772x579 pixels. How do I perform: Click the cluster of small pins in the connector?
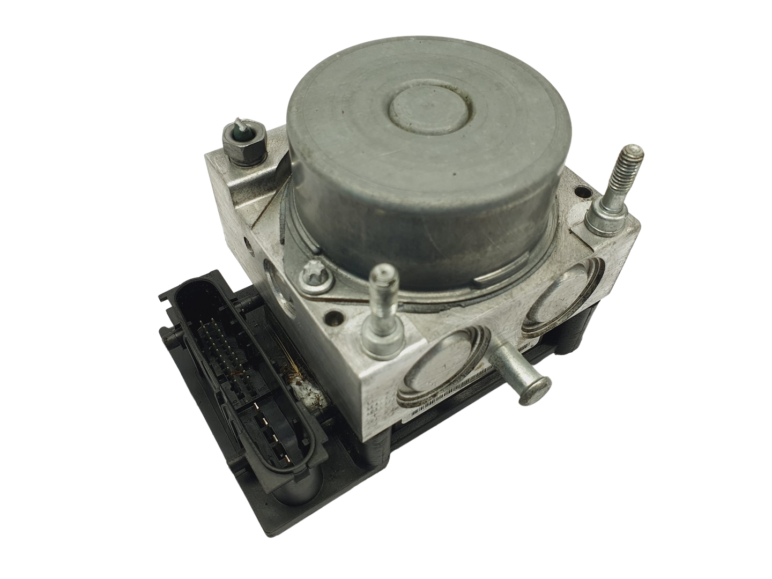point(219,343)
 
